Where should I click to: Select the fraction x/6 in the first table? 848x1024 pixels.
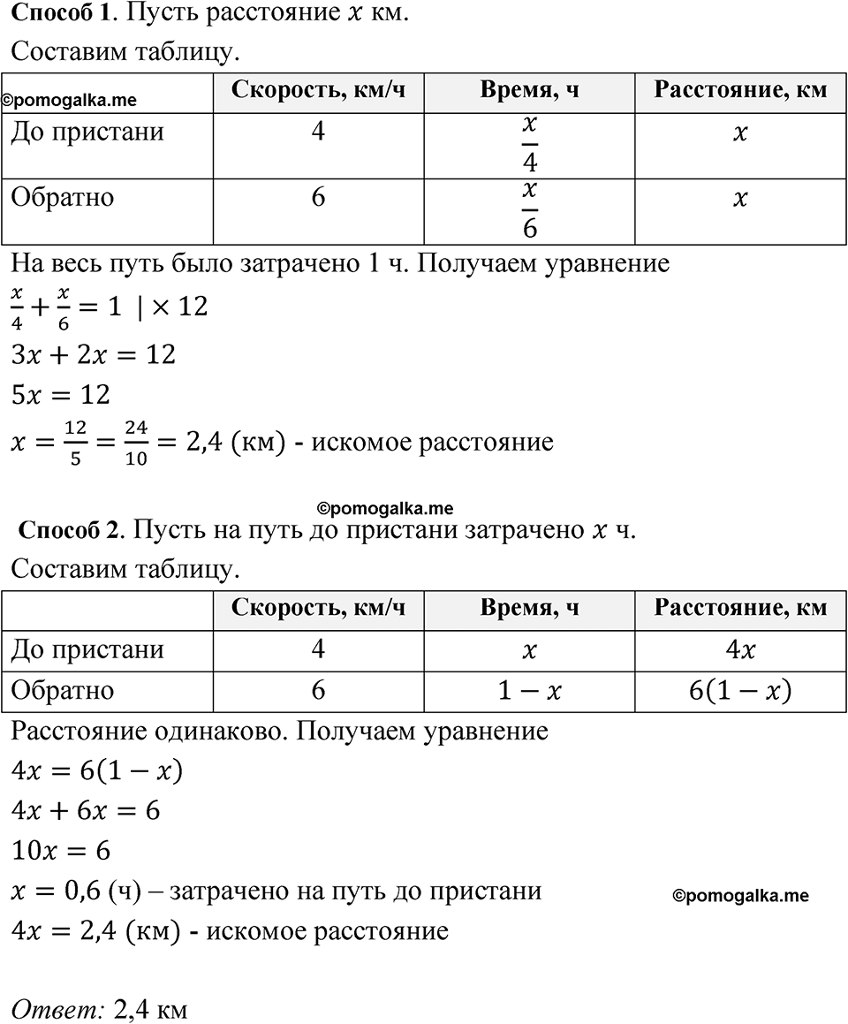point(529,211)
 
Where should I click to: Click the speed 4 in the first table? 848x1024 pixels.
point(318,133)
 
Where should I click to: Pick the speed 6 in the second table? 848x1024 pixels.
point(318,689)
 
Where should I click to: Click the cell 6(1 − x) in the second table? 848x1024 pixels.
point(739,690)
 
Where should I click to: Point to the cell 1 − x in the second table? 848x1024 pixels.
point(529,690)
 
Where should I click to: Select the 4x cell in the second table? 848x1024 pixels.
point(739,650)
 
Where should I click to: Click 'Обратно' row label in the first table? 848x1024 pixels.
point(62,197)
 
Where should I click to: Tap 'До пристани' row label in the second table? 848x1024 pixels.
point(87,649)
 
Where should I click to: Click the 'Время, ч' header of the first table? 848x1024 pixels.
point(529,90)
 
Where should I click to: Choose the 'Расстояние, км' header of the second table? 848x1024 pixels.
point(740,608)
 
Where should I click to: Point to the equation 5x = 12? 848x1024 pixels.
point(60,395)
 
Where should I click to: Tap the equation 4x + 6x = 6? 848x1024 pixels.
point(85,810)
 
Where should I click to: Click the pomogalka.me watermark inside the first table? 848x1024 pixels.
point(69,102)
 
